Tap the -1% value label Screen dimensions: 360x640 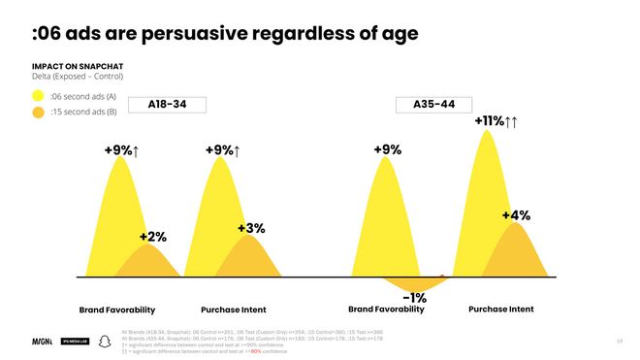pos(415,297)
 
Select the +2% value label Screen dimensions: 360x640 pos(152,236)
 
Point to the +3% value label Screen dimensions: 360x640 pos(251,228)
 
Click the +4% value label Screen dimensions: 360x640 pos(516,215)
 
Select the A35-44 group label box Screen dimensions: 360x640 pos(427,104)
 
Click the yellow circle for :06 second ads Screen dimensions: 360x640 pos(39,96)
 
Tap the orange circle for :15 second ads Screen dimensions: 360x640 pos(39,113)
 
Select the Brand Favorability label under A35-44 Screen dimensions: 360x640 pos(386,310)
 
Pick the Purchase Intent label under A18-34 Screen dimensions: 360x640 pos(234,310)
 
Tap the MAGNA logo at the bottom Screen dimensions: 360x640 pos(43,342)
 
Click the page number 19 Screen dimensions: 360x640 pos(620,341)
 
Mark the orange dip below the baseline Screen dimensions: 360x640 pos(412,283)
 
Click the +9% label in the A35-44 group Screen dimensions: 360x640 pos(387,150)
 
